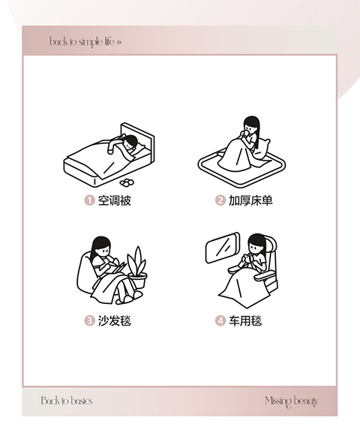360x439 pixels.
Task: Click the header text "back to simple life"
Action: click(x=82, y=42)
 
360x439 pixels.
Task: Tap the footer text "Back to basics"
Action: click(x=67, y=401)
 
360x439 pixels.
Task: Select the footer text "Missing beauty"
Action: click(x=292, y=401)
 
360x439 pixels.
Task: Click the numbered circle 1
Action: click(x=89, y=200)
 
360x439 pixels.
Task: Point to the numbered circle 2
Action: click(x=220, y=200)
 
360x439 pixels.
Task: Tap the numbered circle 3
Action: click(x=89, y=320)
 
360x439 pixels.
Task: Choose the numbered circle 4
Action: click(x=220, y=320)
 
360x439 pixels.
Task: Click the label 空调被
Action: click(x=115, y=200)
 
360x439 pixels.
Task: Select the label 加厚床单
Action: click(x=250, y=200)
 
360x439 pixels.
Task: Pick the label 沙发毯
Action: click(x=115, y=320)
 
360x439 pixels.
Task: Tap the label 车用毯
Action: click(x=245, y=320)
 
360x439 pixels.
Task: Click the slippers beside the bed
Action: click(x=127, y=182)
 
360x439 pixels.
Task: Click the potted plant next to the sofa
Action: click(x=137, y=268)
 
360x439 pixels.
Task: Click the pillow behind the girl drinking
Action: click(x=262, y=148)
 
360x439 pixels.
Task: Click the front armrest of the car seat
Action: click(x=264, y=276)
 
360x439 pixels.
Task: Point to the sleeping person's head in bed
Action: click(x=130, y=142)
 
